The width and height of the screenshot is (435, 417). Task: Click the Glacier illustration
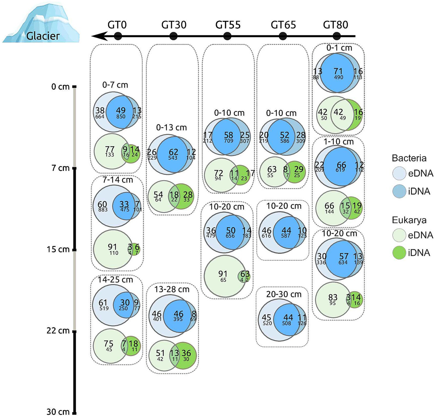click(x=41, y=23)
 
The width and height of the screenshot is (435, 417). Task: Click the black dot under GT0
click(x=118, y=36)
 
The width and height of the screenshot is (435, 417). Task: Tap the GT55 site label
click(x=228, y=25)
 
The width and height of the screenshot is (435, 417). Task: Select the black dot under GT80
click(x=337, y=36)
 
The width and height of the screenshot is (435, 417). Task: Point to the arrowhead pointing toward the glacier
click(x=99, y=36)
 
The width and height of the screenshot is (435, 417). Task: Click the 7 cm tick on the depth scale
click(x=75, y=168)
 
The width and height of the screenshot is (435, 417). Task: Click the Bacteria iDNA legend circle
click(x=399, y=191)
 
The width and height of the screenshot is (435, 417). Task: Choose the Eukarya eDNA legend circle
click(x=399, y=235)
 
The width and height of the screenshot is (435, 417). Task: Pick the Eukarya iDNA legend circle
click(x=399, y=253)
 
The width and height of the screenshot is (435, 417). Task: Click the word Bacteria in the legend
click(x=409, y=158)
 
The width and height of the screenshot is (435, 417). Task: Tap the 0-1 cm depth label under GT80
click(x=339, y=48)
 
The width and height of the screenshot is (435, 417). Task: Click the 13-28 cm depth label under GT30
click(x=172, y=289)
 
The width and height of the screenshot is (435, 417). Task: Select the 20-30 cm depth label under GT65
click(x=283, y=294)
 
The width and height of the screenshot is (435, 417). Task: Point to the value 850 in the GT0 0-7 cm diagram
click(x=121, y=117)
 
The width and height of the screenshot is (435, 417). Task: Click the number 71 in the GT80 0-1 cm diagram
click(x=338, y=71)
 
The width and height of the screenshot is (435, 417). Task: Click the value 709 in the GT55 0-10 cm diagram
click(x=228, y=141)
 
